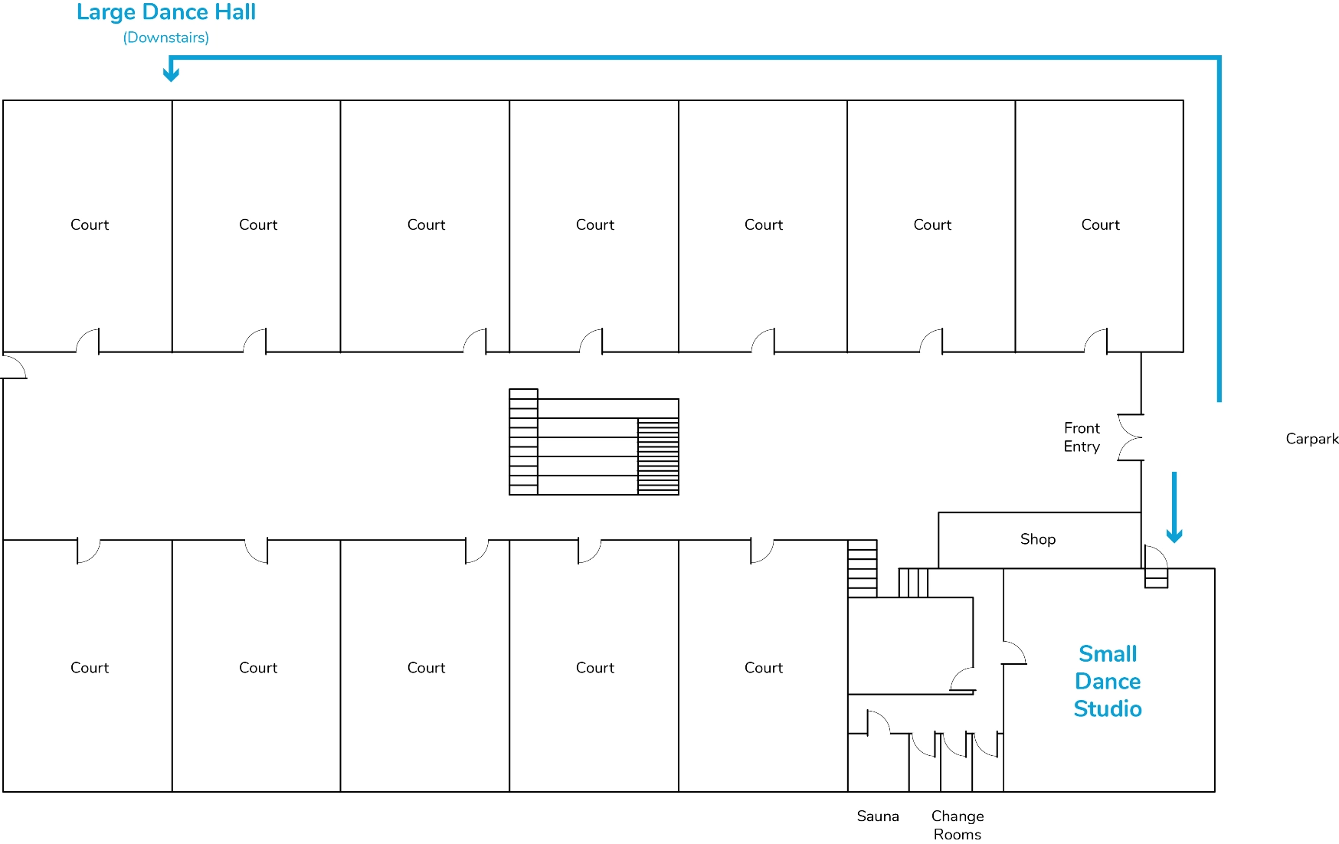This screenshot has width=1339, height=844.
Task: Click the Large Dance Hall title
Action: click(x=165, y=12)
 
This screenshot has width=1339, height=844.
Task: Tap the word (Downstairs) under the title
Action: click(x=165, y=38)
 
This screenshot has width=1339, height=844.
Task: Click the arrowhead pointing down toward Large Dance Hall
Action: click(x=171, y=74)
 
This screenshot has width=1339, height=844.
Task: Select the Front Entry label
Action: click(x=1081, y=437)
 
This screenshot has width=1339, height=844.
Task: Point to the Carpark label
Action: click(x=1311, y=439)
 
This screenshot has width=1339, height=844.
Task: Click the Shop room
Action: click(x=1038, y=539)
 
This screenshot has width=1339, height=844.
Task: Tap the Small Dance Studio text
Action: click(x=1107, y=681)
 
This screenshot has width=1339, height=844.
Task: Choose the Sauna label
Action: click(x=877, y=816)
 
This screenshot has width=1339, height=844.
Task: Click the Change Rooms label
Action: click(x=957, y=825)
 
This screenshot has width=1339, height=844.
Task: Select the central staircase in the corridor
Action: click(x=594, y=443)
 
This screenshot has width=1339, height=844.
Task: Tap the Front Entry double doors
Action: click(x=1131, y=437)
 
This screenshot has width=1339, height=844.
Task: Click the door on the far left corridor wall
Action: click(x=15, y=367)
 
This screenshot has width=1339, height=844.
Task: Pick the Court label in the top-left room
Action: click(x=90, y=225)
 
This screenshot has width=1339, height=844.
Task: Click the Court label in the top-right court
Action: click(x=1100, y=225)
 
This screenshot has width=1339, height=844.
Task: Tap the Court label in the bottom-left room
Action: click(x=90, y=668)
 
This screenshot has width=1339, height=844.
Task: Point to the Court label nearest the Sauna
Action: click(x=763, y=668)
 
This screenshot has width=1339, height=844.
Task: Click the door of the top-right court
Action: click(x=1096, y=341)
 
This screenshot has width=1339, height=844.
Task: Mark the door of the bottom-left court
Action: click(x=88, y=551)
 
